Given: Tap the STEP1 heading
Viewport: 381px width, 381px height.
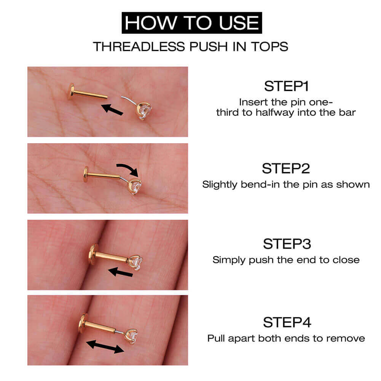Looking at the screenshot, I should (x=286, y=86).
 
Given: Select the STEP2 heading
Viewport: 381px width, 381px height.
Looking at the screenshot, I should (x=286, y=168).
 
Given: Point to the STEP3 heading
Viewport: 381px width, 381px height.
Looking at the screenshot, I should (x=286, y=244).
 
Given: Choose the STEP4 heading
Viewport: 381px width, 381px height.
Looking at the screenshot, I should (x=286, y=322).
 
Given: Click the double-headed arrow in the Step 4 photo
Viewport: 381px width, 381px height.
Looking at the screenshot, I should (x=105, y=347).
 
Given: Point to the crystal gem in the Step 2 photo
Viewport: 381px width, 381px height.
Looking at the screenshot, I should (x=135, y=186).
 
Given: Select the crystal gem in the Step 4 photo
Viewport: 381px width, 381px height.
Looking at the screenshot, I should (x=131, y=336).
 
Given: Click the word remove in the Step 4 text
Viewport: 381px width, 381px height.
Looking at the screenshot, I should (x=349, y=338).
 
